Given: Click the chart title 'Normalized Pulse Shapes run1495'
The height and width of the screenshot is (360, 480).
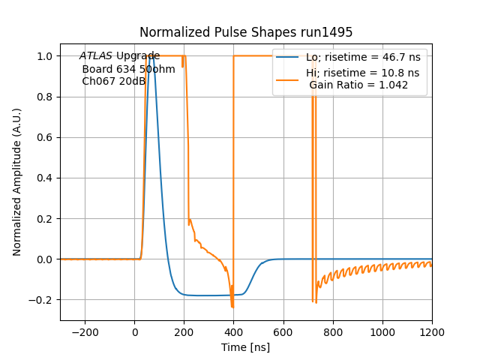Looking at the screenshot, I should pyautogui.click(x=246, y=32).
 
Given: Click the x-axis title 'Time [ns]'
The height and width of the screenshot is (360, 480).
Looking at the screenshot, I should pyautogui.click(x=246, y=347).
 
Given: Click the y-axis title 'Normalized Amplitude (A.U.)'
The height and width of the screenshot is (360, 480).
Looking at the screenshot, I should pyautogui.click(x=17, y=181).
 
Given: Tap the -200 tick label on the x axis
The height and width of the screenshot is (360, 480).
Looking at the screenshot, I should pyautogui.click(x=85, y=331).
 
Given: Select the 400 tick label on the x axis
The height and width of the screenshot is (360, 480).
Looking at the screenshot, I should pyautogui.click(x=233, y=331).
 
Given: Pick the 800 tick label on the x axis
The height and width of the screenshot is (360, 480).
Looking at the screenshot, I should pyautogui.click(x=333, y=331).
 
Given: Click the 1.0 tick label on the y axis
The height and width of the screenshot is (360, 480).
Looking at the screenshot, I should pyautogui.click(x=45, y=56).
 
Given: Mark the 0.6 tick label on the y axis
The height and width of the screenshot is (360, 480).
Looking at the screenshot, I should pyautogui.click(x=45, y=137).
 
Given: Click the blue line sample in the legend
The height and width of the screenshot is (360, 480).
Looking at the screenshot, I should pyautogui.click(x=288, y=57).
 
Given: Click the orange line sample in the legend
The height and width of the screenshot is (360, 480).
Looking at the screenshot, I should pyautogui.click(x=288, y=73).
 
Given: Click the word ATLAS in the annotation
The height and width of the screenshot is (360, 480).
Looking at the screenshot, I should pyautogui.click(x=96, y=56).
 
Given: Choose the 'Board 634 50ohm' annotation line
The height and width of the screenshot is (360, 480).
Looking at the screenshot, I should pyautogui.click(x=128, y=69).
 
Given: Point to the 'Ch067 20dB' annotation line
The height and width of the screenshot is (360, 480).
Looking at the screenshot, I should pyautogui.click(x=113, y=81).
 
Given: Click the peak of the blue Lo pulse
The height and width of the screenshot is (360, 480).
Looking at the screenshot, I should pyautogui.click(x=152, y=56).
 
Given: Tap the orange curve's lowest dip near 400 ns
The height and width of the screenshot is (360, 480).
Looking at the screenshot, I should pyautogui.click(x=232, y=307).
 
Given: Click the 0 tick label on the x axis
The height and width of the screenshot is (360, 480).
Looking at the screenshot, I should pyautogui.click(x=134, y=331).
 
